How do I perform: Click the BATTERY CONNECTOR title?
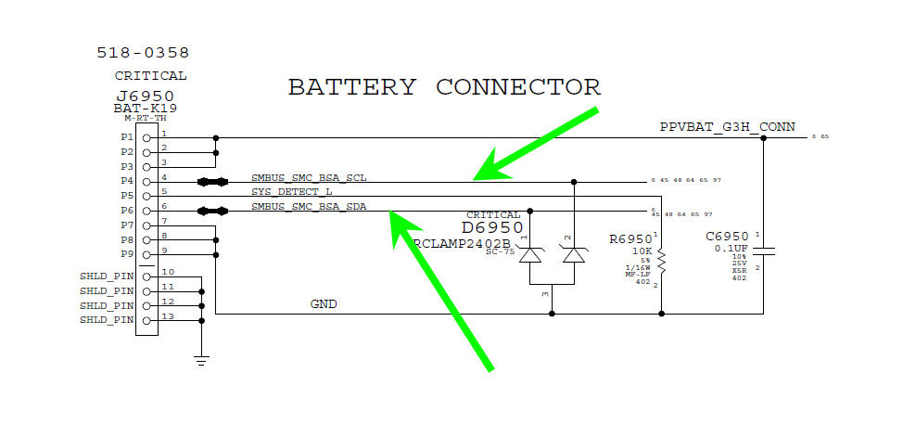444,87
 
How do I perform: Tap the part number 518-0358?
143,54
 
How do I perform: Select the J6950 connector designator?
145,96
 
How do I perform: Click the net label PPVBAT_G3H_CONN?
727,127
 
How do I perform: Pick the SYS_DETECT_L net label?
292,191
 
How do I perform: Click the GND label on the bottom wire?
324,303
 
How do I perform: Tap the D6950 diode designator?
492,227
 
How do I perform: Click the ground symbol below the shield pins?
201,358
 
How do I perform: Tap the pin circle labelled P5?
146,196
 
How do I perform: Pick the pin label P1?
127,137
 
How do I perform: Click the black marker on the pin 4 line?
212,182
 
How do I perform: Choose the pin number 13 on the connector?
168,315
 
